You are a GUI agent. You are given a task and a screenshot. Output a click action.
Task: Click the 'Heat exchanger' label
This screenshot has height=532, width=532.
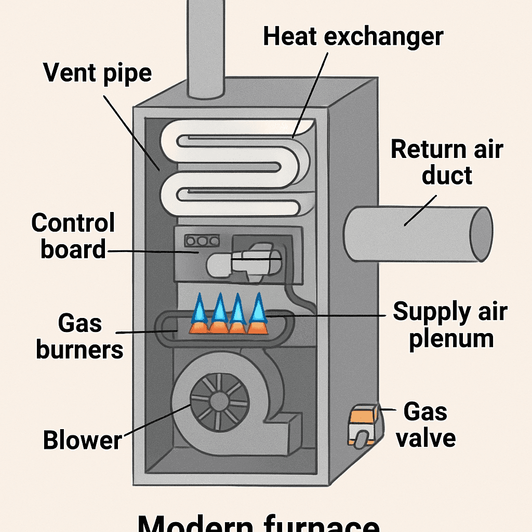tap(353, 37)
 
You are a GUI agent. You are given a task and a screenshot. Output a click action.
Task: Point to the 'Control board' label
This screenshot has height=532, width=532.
tap(73, 236)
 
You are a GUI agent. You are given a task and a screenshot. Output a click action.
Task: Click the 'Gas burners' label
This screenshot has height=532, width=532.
tap(79, 337)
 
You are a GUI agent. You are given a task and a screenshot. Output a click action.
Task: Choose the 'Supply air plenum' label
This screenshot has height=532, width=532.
tap(450, 325)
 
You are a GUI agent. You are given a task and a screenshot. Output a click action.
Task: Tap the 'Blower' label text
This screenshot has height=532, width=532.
tap(82, 440)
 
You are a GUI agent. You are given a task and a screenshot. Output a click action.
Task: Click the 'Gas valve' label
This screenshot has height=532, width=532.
tap(425, 425)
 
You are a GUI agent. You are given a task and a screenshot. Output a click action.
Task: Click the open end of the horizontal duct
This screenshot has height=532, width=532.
tap(482, 234)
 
